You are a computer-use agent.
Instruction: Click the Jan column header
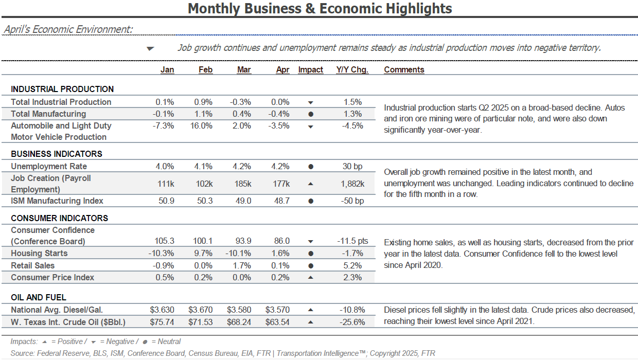pyautogui.click(x=167, y=70)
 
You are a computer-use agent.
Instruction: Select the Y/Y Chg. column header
pyautogui.click(x=352, y=70)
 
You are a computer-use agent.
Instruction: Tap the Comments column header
pyautogui.click(x=404, y=70)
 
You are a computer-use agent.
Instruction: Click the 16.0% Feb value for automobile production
pyautogui.click(x=201, y=126)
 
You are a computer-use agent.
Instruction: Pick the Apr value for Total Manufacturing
pyautogui.click(x=279, y=114)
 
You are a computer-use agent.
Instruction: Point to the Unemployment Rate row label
pyautogui.click(x=49, y=166)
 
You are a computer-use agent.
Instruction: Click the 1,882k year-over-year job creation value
pyautogui.click(x=352, y=184)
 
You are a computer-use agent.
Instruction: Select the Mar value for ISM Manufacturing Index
pyautogui.click(x=243, y=201)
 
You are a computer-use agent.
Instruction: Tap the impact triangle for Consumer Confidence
pyautogui.click(x=311, y=242)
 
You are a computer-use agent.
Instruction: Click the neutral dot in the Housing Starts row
pyautogui.click(x=311, y=254)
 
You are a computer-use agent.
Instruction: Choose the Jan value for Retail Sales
pyautogui.click(x=163, y=265)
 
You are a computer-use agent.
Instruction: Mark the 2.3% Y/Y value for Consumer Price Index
pyautogui.click(x=352, y=278)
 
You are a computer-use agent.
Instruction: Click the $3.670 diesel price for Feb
pyautogui.click(x=201, y=310)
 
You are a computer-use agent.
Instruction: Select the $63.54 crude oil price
pyautogui.click(x=277, y=322)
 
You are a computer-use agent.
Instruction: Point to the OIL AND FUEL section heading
pyautogui.click(x=39, y=297)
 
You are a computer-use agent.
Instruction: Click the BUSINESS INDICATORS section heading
pyautogui.click(x=57, y=154)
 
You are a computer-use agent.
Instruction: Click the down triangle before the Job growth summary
pyautogui.click(x=150, y=49)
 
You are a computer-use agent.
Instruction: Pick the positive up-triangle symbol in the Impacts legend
pyautogui.click(x=44, y=342)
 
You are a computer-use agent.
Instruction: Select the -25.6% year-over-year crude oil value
pyautogui.click(x=352, y=322)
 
